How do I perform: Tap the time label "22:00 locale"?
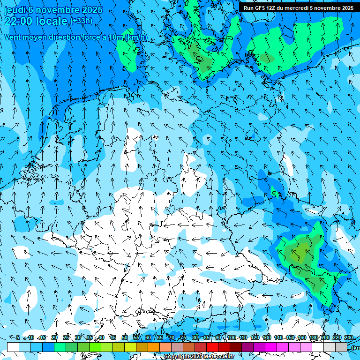[x=36, y=21]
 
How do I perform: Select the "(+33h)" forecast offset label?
[x=81, y=21]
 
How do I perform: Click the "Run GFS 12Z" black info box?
[x=299, y=8]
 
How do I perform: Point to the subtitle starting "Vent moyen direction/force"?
[x=75, y=37]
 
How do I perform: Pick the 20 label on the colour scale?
[x=54, y=337]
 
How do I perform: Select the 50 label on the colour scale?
[x=125, y=337]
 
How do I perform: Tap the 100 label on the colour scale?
[x=232, y=337]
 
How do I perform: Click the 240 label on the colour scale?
[x=349, y=337]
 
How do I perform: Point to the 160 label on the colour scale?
[x=302, y=337]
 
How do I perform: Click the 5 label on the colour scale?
[x=18, y=337]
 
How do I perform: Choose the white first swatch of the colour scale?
[x=13, y=347]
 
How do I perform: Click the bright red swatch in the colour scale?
[x=212, y=347]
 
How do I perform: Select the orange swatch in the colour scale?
[x=154, y=347]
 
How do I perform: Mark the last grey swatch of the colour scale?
[x=341, y=347]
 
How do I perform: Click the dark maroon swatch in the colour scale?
[x=236, y=347]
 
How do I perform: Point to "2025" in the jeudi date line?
[x=92, y=10]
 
